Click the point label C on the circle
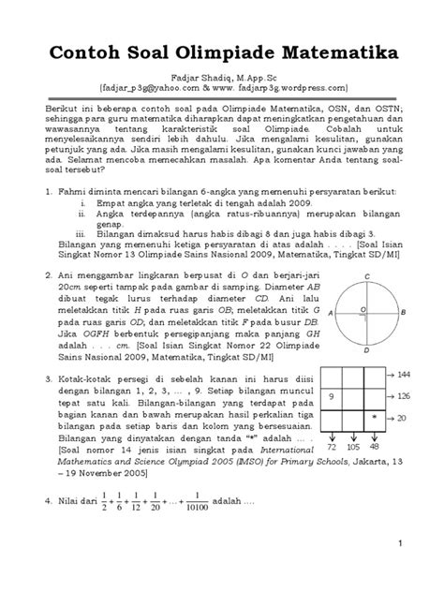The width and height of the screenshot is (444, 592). pyautogui.click(x=368, y=251)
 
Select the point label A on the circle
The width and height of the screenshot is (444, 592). pyautogui.click(x=333, y=287)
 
